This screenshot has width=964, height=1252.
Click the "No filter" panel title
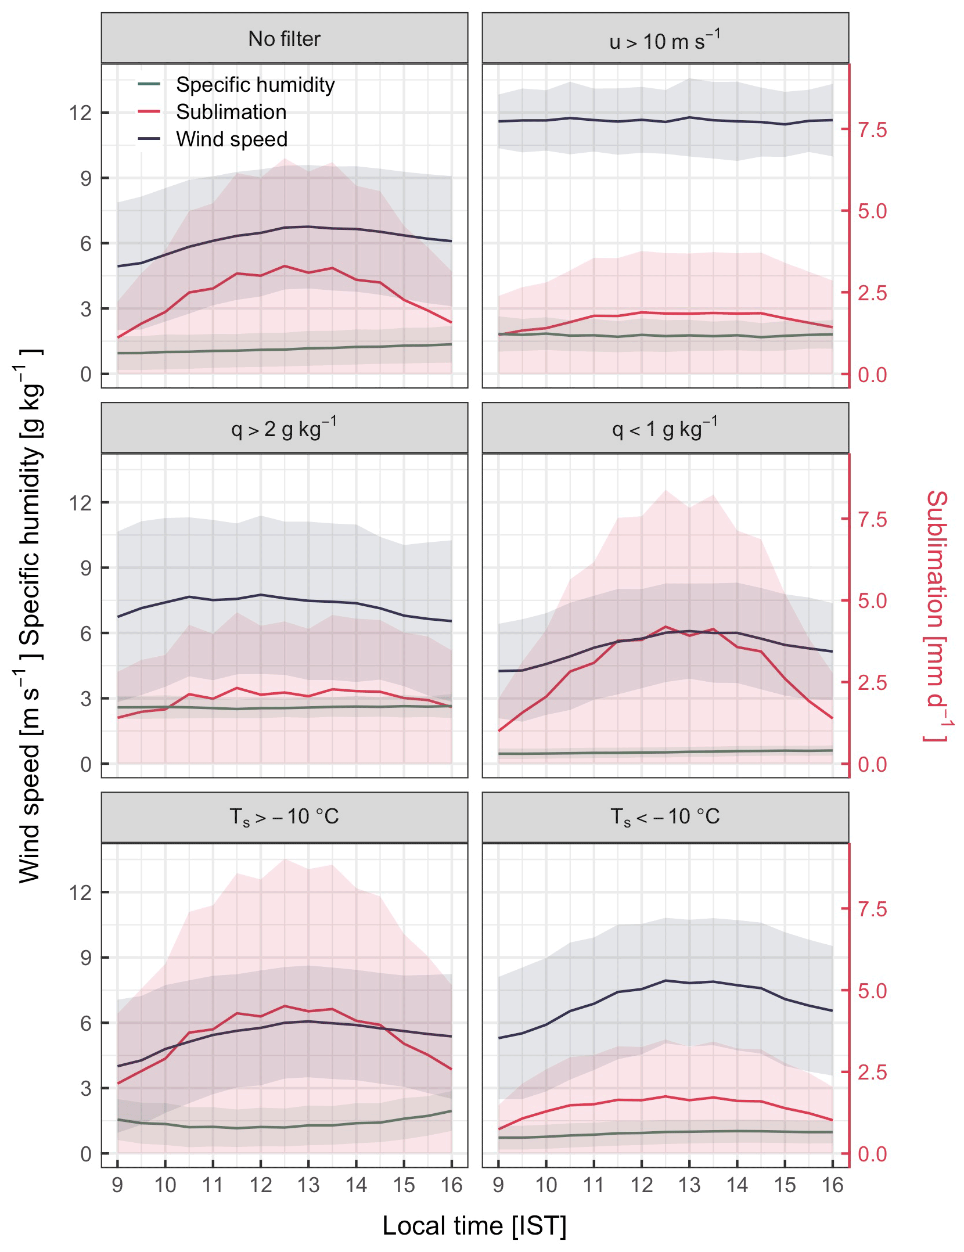284,39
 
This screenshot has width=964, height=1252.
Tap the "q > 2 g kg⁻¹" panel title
284,429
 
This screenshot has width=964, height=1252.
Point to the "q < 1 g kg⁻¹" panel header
665,429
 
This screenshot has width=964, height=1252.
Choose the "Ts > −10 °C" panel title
284,817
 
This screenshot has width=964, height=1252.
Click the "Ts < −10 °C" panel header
665,817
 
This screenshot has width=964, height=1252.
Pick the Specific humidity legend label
256,85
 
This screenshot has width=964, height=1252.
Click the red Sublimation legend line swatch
149,112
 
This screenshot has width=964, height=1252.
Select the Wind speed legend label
232,139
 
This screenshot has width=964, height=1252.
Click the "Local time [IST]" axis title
474,1226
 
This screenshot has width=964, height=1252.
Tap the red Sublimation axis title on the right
936,616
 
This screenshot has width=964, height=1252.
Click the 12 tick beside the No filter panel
80,113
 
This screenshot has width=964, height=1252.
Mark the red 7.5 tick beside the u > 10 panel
872,130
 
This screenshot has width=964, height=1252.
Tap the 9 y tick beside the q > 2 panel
86,568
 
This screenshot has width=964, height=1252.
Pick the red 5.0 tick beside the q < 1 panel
872,601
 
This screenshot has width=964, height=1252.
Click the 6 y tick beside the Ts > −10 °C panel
86,1023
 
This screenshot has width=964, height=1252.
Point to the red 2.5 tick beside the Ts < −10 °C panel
872,1072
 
